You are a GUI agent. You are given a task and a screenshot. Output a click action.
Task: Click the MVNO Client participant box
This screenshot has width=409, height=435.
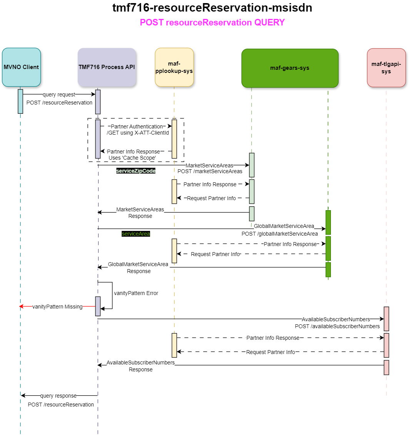(21, 67)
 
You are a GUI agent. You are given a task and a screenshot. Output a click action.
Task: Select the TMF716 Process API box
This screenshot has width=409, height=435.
(107, 67)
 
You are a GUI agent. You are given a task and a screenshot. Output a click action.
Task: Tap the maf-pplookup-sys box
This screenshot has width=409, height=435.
(174, 67)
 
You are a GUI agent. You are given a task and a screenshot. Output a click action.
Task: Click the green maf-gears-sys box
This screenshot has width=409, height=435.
(290, 68)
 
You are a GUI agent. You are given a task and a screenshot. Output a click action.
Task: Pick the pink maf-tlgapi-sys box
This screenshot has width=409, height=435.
(386, 67)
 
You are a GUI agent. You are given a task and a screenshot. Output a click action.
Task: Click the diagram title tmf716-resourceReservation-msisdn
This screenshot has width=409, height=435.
(212, 8)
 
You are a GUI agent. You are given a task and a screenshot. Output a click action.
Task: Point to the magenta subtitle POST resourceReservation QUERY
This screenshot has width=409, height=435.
(212, 22)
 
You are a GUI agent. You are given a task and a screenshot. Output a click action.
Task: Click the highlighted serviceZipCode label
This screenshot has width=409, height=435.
(136, 170)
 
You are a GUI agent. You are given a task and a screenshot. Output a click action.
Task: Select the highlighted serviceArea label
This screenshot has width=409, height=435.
(135, 234)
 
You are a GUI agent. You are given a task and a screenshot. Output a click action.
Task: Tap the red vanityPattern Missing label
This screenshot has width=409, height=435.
(57, 307)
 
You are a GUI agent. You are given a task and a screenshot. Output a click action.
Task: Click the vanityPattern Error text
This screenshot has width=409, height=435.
(136, 293)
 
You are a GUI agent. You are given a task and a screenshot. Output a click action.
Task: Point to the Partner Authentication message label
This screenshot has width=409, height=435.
(137, 126)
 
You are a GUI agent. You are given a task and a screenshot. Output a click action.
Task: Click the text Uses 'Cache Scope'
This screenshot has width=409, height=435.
(132, 158)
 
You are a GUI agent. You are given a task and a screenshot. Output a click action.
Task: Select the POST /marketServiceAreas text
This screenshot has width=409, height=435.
(210, 171)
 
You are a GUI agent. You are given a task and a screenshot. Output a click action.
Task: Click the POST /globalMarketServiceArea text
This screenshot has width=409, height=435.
(279, 234)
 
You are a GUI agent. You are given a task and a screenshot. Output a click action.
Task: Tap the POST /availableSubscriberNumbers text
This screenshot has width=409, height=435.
(337, 326)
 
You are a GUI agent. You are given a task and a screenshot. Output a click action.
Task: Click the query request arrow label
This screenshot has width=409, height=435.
(59, 94)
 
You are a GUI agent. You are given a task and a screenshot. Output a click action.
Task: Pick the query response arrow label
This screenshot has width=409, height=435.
(58, 396)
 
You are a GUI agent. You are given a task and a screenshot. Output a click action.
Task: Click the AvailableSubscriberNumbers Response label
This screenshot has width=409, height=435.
(140, 366)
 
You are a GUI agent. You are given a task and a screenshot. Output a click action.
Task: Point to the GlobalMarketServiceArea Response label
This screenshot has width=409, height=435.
(139, 268)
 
